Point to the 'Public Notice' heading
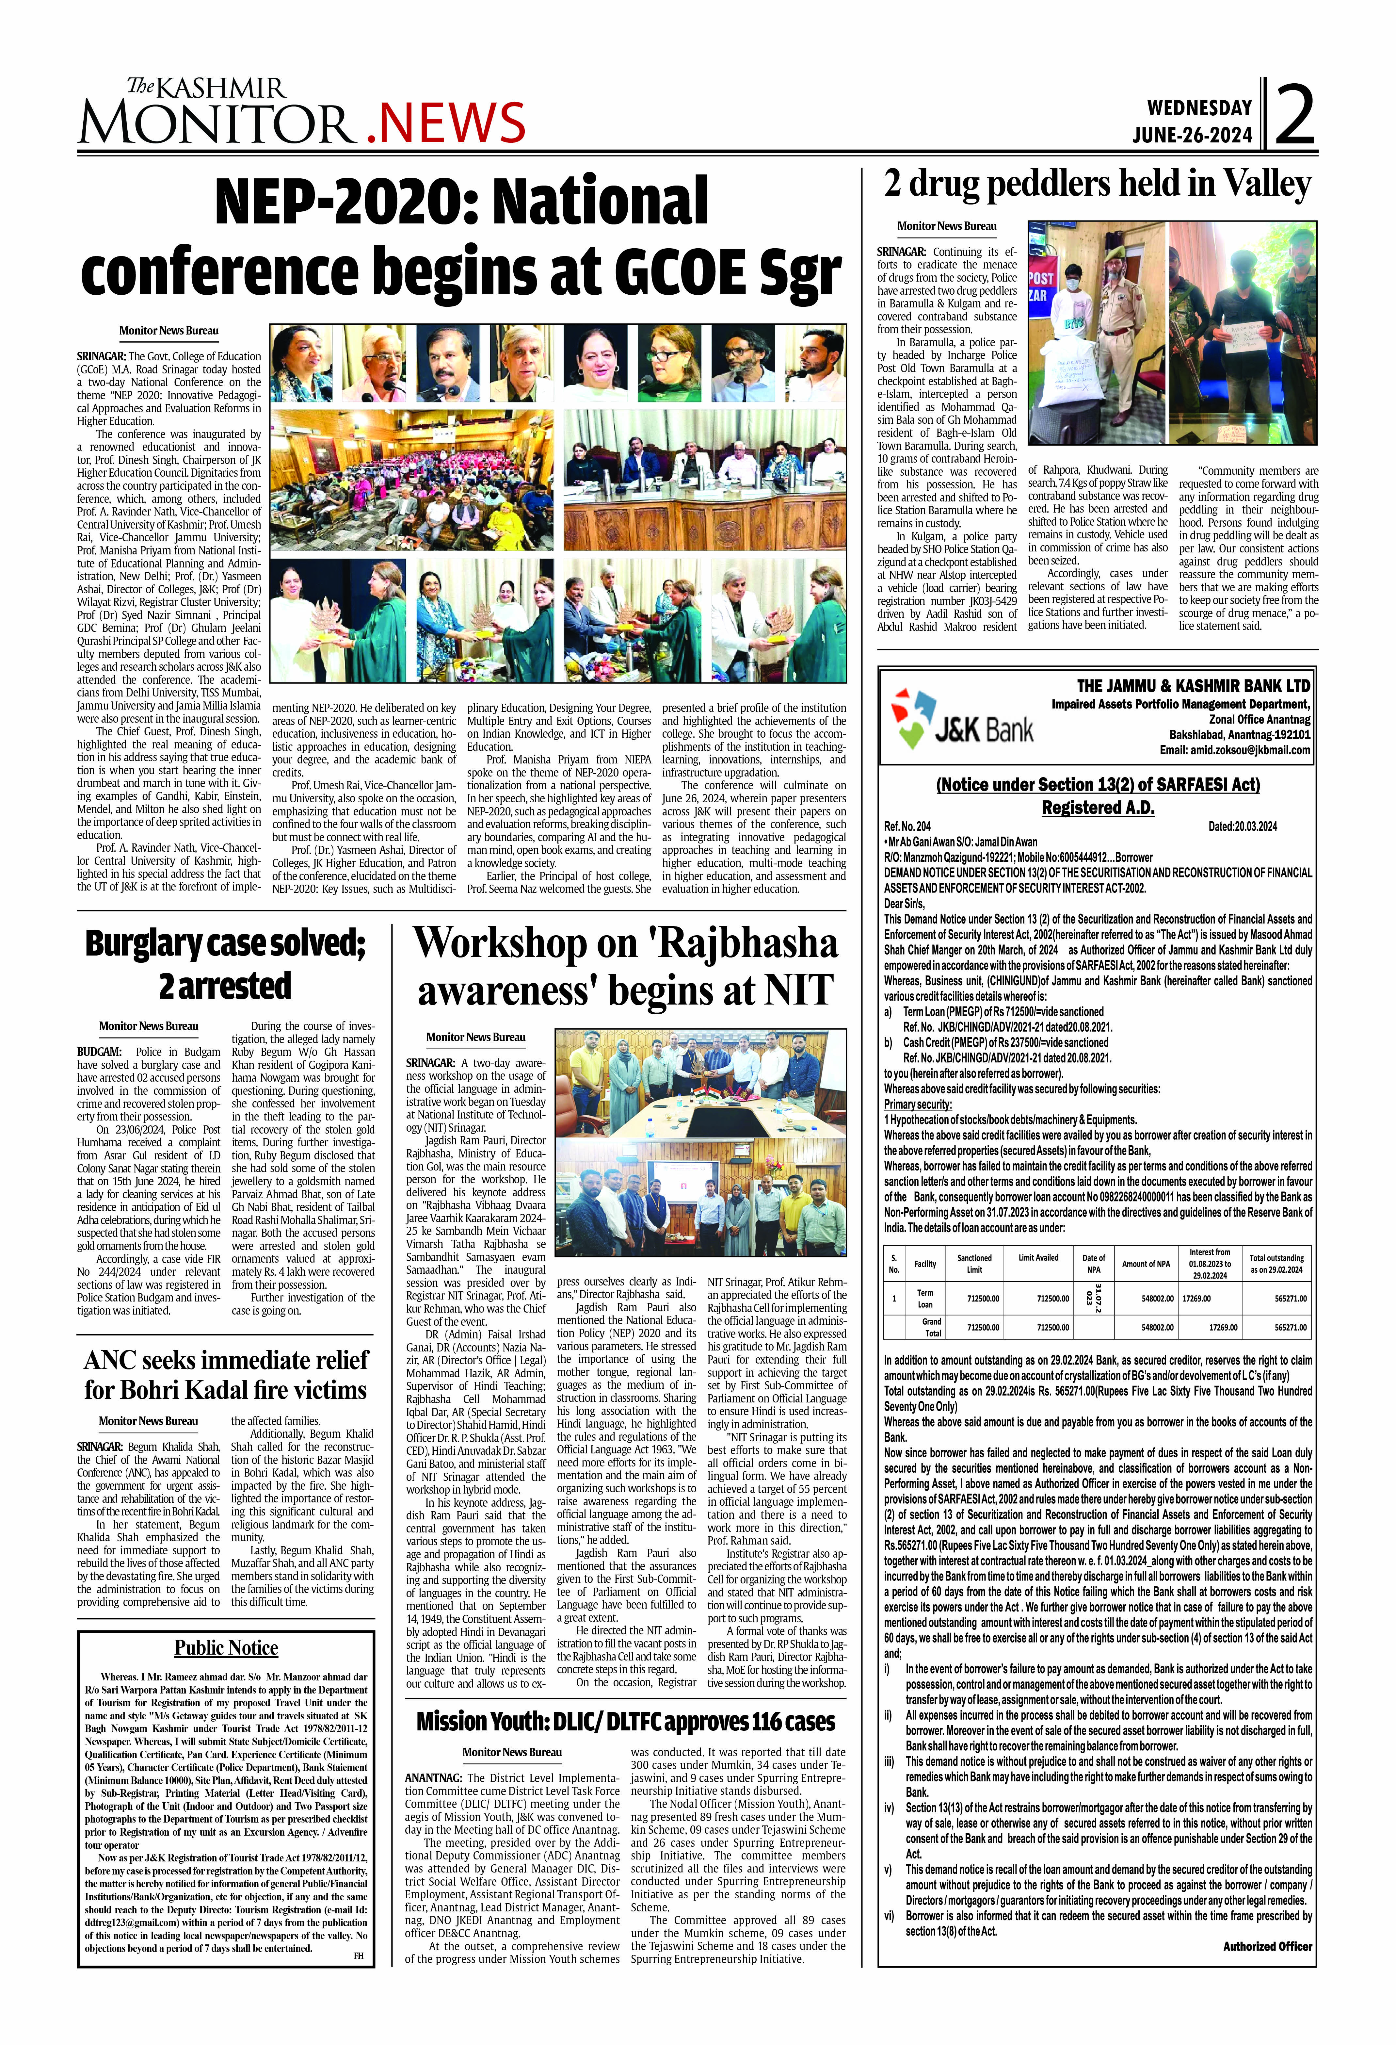click(x=226, y=1648)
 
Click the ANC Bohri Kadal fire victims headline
click(x=225, y=1374)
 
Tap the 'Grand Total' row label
click(x=932, y=1327)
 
